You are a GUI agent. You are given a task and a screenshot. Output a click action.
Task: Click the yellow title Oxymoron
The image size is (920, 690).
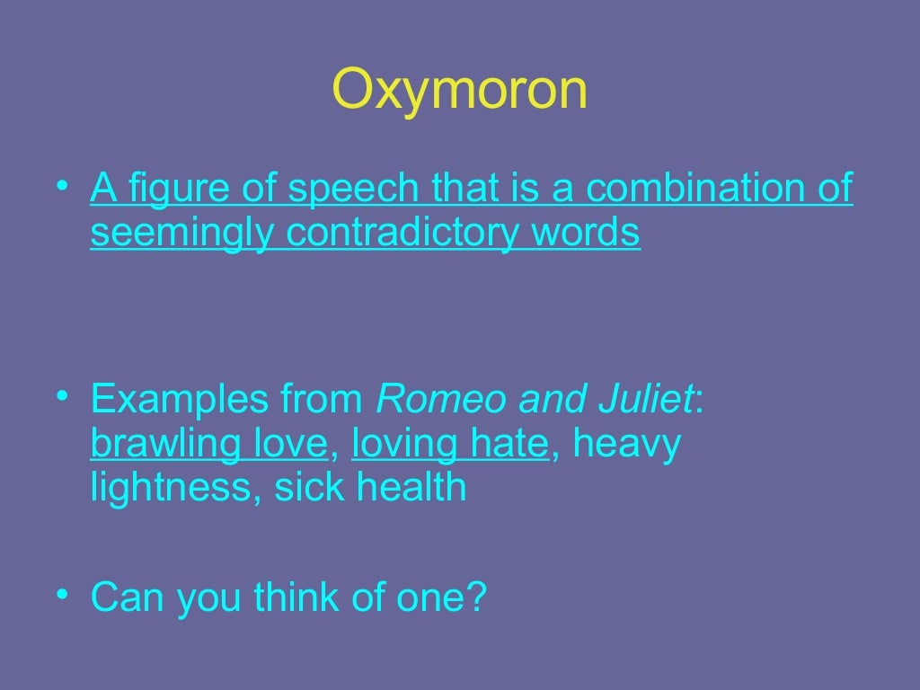pos(459,89)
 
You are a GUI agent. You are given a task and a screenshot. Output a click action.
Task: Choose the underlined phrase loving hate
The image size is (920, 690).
pos(450,444)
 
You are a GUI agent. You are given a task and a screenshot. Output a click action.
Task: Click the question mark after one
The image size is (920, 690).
pos(474,597)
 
